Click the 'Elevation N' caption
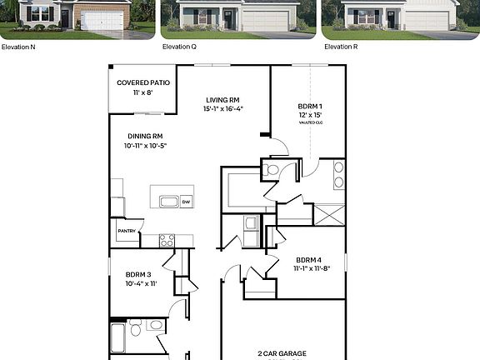click(18, 47)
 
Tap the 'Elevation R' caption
click(342, 47)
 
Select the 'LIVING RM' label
click(222, 100)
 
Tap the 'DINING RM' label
click(145, 137)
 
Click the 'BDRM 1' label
click(308, 106)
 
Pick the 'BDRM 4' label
click(307, 259)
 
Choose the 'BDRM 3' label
click(138, 274)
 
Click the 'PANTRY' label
click(126, 232)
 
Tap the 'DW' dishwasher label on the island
click(185, 201)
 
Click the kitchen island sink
click(168, 201)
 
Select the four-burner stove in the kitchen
click(167, 240)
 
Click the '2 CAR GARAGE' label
click(282, 353)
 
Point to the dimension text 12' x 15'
click(308, 115)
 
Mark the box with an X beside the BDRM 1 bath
click(330, 214)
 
